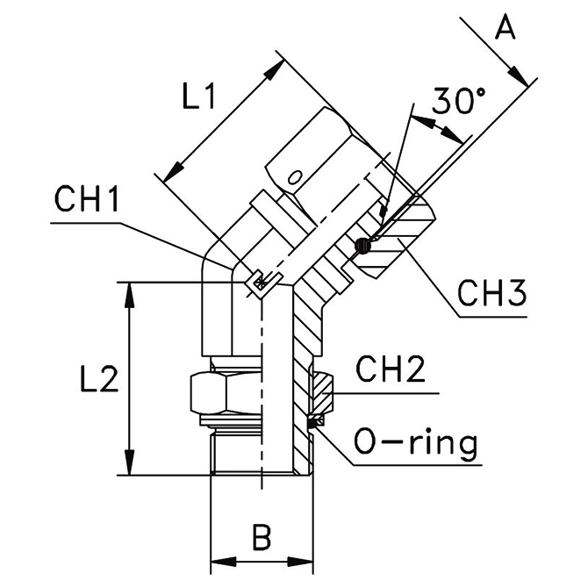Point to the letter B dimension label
pyautogui.click(x=261, y=534)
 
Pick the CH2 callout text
pyautogui.click(x=390, y=369)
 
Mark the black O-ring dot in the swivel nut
pyautogui.click(x=364, y=247)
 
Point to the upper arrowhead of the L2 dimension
pyautogui.click(x=132, y=290)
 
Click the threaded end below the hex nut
pyautogui.click(x=237, y=451)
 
